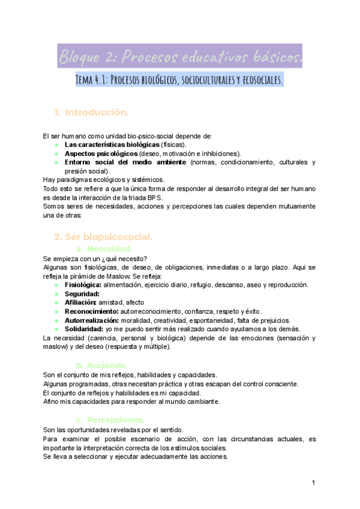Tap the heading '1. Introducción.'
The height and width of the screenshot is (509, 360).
click(x=91, y=112)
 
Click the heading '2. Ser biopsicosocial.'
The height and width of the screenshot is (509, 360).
click(x=103, y=236)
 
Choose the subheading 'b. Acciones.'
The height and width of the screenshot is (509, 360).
click(x=101, y=364)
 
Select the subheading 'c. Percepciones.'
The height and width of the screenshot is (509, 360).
click(x=110, y=420)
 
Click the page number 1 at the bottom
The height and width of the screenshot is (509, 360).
click(x=313, y=483)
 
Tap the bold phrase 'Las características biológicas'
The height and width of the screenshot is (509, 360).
click(x=112, y=145)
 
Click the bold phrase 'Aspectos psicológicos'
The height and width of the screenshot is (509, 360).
click(x=101, y=153)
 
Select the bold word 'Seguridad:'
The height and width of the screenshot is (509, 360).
click(x=82, y=294)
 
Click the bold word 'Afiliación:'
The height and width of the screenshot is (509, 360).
click(x=81, y=303)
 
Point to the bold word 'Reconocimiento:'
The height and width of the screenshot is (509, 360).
click(x=92, y=312)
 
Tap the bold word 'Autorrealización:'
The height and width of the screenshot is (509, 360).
click(x=94, y=321)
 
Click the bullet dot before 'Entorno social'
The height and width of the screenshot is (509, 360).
click(x=56, y=162)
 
